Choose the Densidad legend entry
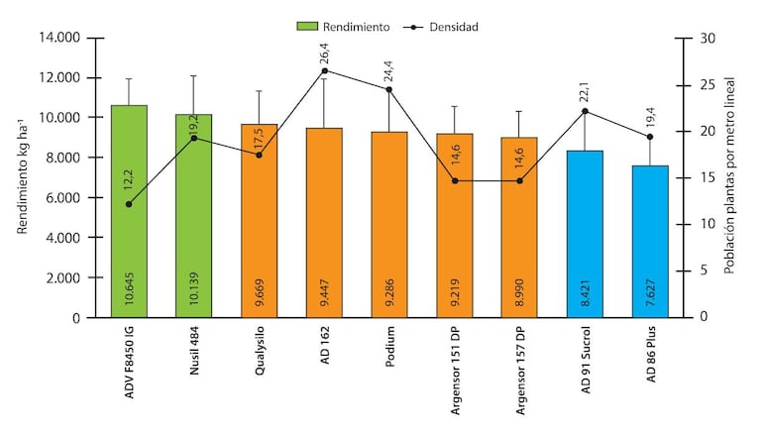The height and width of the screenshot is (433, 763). tap(442, 27)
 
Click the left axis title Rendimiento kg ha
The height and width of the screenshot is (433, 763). tap(22, 178)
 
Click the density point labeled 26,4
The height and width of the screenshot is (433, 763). tap(324, 70)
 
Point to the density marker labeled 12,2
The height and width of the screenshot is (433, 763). tap(129, 204)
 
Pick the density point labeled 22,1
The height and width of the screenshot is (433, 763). tap(585, 111)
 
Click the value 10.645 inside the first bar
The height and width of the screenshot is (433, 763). tap(130, 290)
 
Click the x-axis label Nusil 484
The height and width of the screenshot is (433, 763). tap(194, 355)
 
